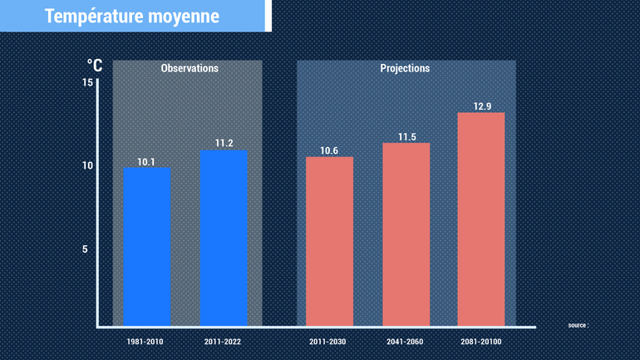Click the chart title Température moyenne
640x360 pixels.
tap(132, 16)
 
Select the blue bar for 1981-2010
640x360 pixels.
tap(146, 246)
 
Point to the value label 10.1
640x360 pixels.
tap(146, 162)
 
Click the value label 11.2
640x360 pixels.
tap(224, 144)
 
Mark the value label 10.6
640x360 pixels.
tap(329, 150)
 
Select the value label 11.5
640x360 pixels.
tap(406, 136)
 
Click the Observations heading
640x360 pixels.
tap(190, 68)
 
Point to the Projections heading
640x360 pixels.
tap(405, 68)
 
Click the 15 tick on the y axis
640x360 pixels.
tap(88, 81)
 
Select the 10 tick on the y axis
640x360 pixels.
tap(88, 165)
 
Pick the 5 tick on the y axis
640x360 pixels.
tap(85, 249)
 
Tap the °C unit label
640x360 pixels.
tap(95, 65)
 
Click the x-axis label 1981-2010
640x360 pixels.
tap(146, 342)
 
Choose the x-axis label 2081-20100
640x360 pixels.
tap(481, 342)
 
